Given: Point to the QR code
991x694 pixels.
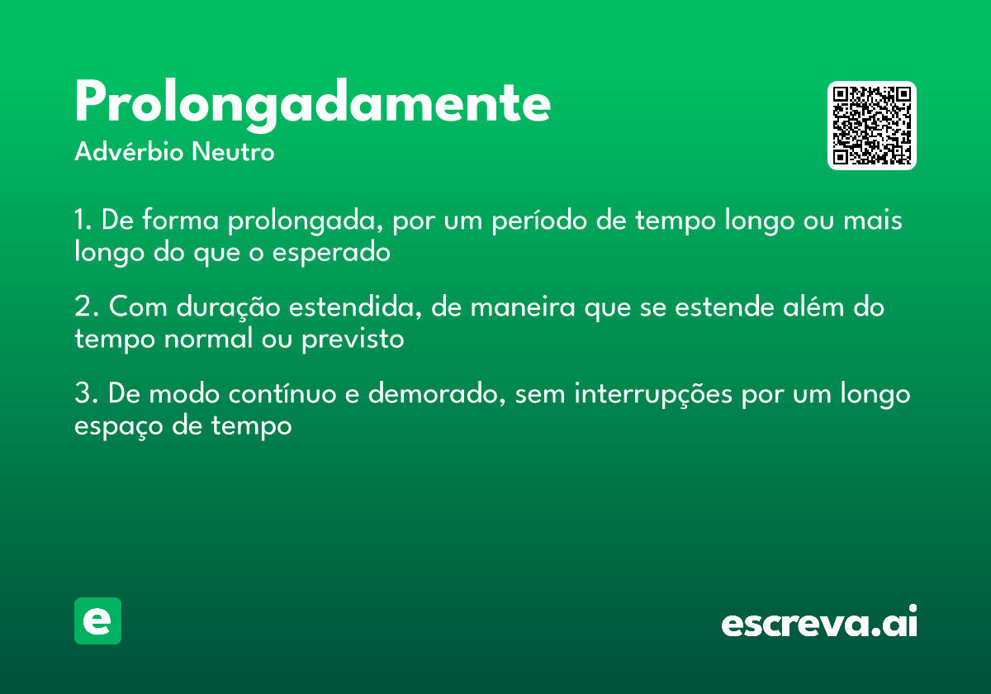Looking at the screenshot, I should [871, 126].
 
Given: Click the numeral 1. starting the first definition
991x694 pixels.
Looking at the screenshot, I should [83, 221].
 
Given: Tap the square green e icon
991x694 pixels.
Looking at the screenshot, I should [98, 620].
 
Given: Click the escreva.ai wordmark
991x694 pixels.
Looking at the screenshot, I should [819, 623].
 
